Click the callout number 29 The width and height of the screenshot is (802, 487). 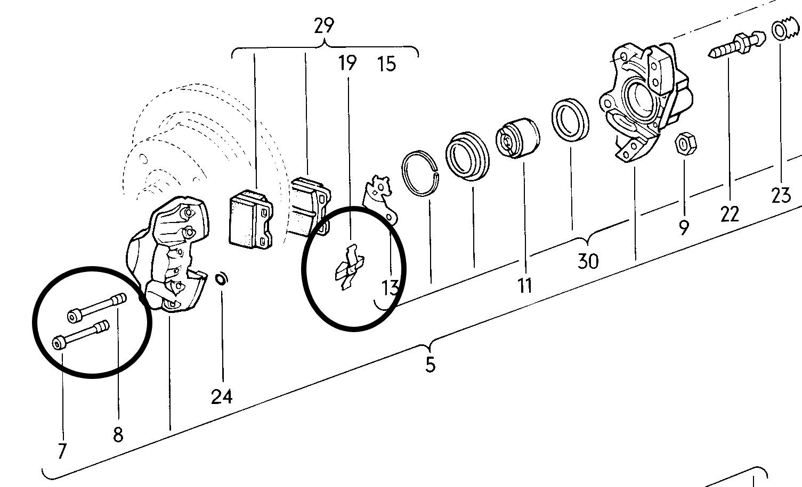[324, 26]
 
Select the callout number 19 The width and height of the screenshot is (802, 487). [347, 63]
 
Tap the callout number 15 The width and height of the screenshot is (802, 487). [387, 64]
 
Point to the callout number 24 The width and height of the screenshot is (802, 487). [222, 397]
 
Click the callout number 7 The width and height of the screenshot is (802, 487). [62, 451]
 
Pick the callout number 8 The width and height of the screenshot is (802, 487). [118, 435]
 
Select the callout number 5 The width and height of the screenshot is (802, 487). [431, 365]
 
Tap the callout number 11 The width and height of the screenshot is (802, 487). [525, 286]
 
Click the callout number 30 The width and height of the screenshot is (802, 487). [588, 261]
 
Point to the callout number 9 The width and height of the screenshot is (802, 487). [684, 227]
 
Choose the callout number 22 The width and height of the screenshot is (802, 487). [730, 214]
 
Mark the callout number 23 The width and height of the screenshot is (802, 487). [781, 195]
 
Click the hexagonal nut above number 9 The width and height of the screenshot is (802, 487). [685, 144]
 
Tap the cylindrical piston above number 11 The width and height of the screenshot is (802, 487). [518, 138]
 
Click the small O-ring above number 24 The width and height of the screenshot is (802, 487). [221, 279]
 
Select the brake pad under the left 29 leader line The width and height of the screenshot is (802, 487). [250, 219]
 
